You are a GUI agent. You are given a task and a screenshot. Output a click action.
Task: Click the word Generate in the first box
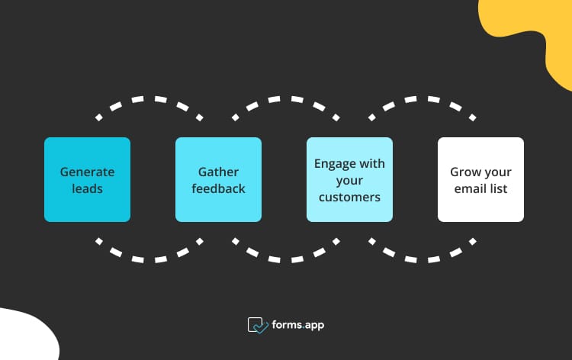87,172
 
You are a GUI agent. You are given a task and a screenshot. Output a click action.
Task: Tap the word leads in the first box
87,188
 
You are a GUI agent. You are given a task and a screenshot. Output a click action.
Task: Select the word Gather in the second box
218,172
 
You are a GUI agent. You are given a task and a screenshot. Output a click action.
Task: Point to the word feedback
218,188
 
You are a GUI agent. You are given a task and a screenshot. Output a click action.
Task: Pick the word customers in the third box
349,197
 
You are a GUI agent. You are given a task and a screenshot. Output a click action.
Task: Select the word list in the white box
499,188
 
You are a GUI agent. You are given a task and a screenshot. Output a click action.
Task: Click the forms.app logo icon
257,326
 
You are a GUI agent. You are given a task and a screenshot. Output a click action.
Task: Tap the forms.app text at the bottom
298,326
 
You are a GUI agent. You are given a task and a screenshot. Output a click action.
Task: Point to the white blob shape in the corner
23,336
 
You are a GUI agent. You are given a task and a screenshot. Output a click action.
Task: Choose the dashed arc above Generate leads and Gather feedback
150,100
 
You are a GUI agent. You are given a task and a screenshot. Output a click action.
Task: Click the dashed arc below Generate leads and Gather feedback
150,258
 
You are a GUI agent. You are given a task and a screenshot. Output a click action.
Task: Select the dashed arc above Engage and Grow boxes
422,100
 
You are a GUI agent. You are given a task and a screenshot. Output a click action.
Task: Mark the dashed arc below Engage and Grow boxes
422,258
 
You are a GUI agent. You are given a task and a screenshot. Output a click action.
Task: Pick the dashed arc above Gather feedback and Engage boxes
286,100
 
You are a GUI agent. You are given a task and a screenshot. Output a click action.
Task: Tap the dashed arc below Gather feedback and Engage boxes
286,258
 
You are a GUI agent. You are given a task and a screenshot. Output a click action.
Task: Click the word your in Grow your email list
497,172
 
